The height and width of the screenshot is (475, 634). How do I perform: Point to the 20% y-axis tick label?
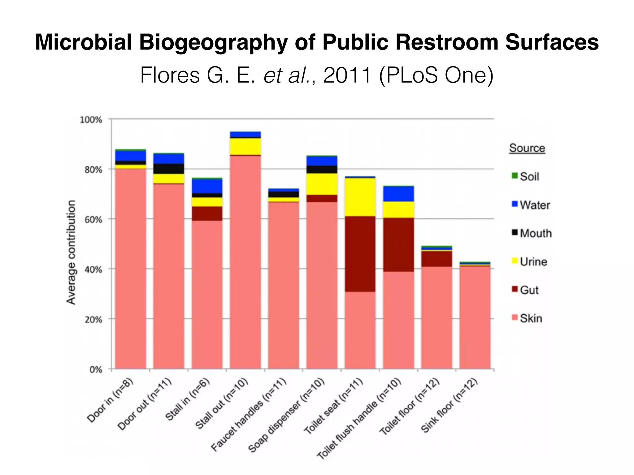click(x=93, y=319)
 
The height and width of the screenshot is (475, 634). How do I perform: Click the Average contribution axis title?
click(x=71, y=252)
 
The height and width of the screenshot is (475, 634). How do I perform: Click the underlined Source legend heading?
click(x=527, y=148)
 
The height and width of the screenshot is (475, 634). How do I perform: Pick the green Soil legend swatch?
click(x=515, y=176)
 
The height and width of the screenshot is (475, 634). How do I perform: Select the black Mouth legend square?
click(x=515, y=233)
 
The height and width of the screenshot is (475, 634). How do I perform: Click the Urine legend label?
click(x=533, y=262)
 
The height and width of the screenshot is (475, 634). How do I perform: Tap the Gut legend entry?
click(x=529, y=290)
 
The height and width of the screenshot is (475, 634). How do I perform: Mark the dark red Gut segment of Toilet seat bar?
click(x=360, y=254)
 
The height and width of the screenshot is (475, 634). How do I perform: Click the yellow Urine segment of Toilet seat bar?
click(x=360, y=197)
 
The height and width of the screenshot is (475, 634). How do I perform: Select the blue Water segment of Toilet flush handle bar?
click(x=398, y=194)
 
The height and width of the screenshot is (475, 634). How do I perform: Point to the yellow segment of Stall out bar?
click(x=245, y=146)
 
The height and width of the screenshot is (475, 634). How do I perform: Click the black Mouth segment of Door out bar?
click(x=169, y=169)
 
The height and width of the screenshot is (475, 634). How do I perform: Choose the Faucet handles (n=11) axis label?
click(x=249, y=415)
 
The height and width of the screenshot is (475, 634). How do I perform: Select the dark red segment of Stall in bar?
click(x=207, y=213)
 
